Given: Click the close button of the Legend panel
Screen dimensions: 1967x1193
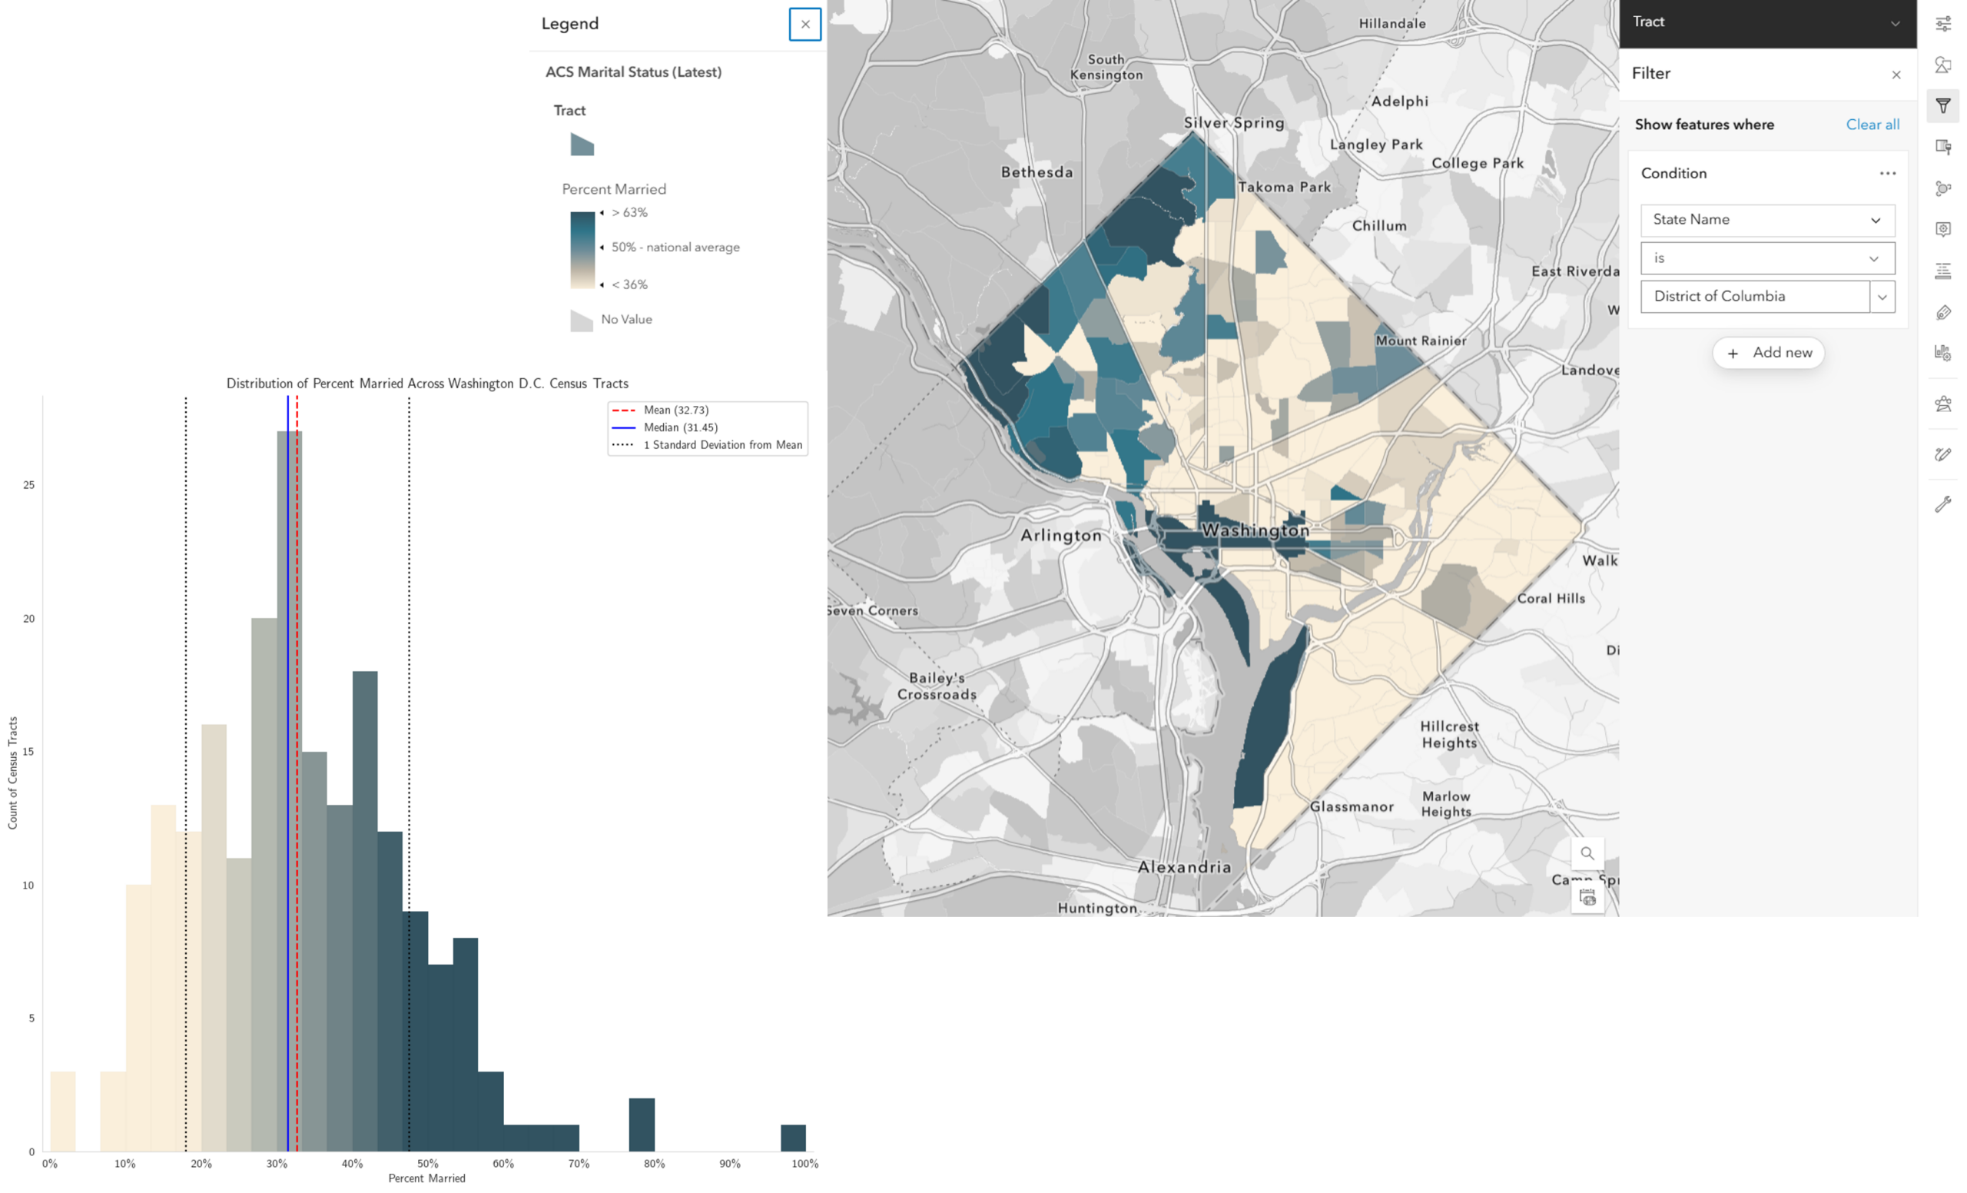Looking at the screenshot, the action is [804, 24].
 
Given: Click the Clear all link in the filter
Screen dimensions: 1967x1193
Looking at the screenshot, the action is [1872, 125].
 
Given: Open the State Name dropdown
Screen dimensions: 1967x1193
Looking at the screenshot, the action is [1767, 220].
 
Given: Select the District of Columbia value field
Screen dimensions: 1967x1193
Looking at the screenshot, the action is [1756, 296].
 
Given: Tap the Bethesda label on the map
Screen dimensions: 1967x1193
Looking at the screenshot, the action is [1037, 171].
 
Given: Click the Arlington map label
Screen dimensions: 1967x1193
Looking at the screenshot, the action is [1061, 535].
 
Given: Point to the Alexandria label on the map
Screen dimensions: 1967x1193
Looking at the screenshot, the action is [1184, 866].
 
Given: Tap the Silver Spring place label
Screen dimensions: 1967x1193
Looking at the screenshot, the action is [1234, 123].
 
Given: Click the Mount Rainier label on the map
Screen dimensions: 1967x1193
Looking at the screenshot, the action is [1421, 341].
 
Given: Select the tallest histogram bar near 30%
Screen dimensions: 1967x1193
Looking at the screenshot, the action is [289, 790].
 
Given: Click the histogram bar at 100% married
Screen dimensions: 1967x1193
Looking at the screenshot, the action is [793, 1138].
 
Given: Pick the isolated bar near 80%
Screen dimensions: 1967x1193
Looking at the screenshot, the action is [642, 1125].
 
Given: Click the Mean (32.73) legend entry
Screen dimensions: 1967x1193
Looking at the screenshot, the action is [660, 410].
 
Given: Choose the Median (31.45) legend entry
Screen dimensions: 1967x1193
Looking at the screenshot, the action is [665, 428].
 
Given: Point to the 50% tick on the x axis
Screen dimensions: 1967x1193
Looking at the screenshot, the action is [428, 1164].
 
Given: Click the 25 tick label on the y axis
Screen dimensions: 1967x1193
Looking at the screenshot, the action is [28, 485].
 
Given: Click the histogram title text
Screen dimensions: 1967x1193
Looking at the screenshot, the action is [427, 384].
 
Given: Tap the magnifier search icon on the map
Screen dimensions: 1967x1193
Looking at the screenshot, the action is [1587, 852].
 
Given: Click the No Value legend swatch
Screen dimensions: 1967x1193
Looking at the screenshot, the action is [581, 321].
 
